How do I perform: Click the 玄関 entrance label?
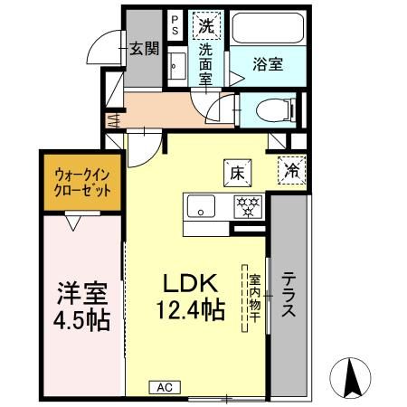144,48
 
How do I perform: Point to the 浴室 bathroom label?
268,64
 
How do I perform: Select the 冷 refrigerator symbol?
292,169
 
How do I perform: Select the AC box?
164,386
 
